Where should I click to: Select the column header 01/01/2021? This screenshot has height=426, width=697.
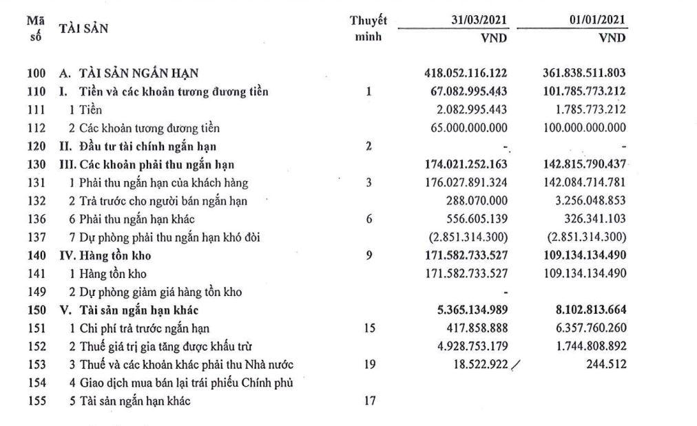coord(593,21)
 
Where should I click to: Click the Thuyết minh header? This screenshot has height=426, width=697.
coord(368,29)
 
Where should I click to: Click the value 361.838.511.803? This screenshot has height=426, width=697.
coord(585,73)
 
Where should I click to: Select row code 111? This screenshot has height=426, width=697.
coord(38,109)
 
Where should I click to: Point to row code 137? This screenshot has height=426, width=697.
coord(38,238)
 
